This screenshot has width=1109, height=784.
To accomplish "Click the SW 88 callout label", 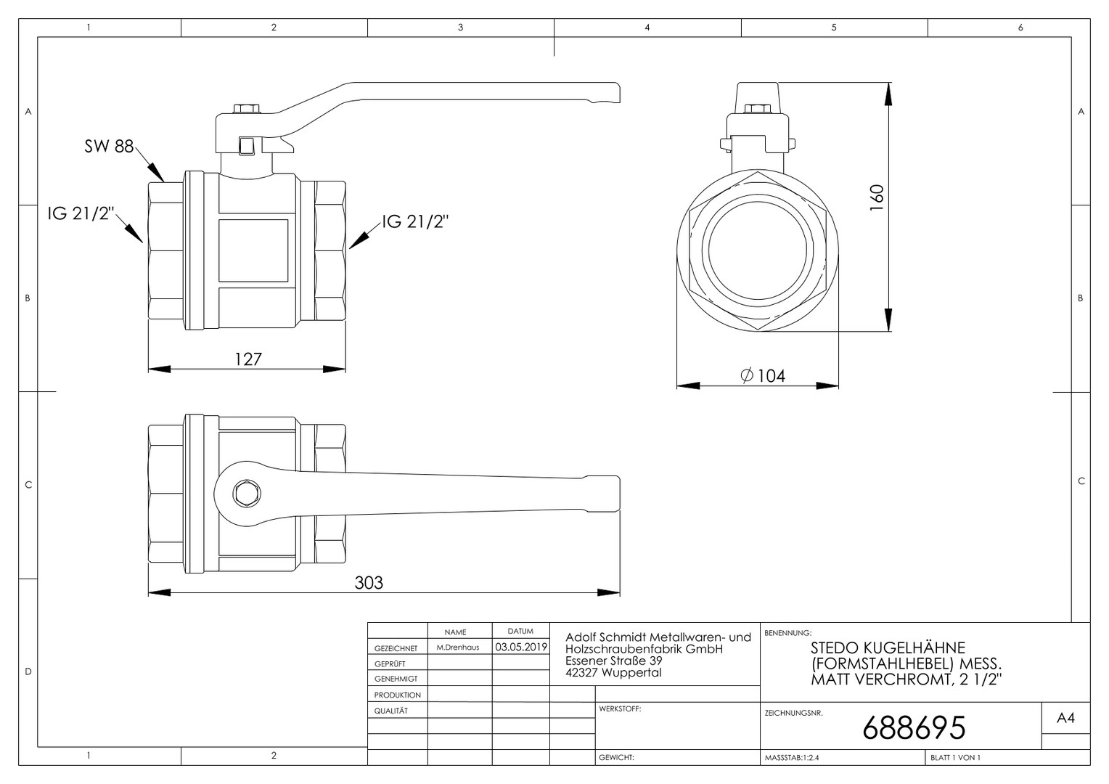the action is tap(109, 146).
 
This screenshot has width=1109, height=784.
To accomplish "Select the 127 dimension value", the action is tap(248, 359).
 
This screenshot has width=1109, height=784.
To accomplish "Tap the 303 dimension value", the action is tap(369, 583).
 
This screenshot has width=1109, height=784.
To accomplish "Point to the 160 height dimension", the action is tap(877, 197).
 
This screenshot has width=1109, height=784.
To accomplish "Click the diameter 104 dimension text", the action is tap(763, 376).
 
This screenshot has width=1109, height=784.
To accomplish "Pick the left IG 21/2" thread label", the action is tap(81, 213).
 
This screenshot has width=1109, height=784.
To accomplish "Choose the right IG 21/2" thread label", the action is tap(415, 222).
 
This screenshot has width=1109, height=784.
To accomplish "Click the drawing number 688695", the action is tap(914, 727).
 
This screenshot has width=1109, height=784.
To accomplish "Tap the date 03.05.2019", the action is tap(521, 647).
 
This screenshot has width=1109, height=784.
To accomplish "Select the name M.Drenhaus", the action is tap(457, 648).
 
